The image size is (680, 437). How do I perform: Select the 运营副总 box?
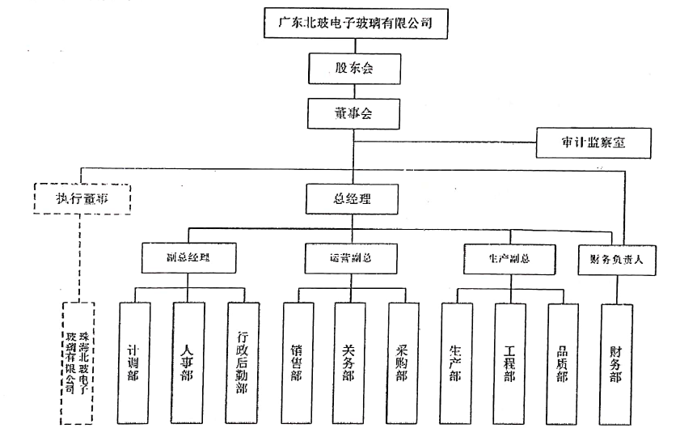point(351,257)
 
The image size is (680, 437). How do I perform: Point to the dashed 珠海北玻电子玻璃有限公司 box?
point(78,362)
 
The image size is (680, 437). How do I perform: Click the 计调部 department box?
point(134,363)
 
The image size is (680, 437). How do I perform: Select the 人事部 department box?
point(188,363)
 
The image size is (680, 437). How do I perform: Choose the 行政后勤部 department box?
point(243,363)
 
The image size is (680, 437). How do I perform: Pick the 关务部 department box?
point(349,363)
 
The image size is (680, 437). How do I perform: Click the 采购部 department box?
point(402,363)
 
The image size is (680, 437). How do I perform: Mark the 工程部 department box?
point(509,363)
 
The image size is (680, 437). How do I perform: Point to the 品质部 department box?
point(563,363)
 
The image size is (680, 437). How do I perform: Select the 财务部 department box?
point(617,363)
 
